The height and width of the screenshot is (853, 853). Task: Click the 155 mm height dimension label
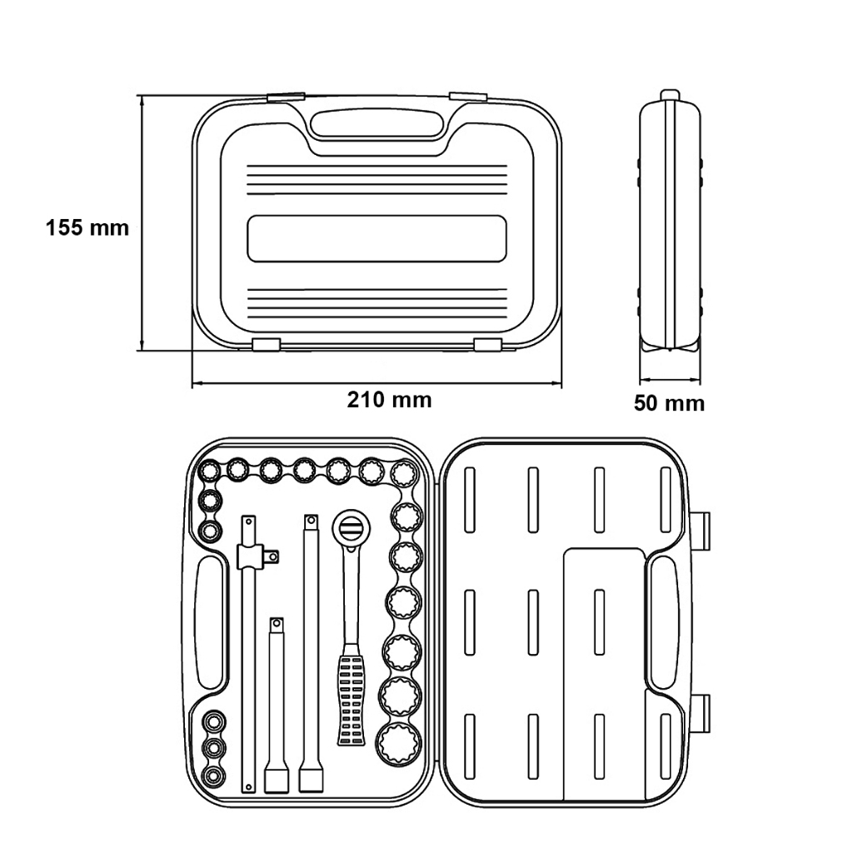click(x=87, y=227)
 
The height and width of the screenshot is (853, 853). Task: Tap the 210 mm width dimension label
click(x=390, y=400)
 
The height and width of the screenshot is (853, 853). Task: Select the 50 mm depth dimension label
click(x=669, y=403)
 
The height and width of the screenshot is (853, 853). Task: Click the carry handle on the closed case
click(x=376, y=125)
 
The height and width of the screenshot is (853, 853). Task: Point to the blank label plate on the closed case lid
click(x=377, y=238)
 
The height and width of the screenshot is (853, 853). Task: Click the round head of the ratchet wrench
click(x=349, y=526)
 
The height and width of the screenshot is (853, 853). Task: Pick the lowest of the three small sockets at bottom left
click(x=213, y=776)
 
